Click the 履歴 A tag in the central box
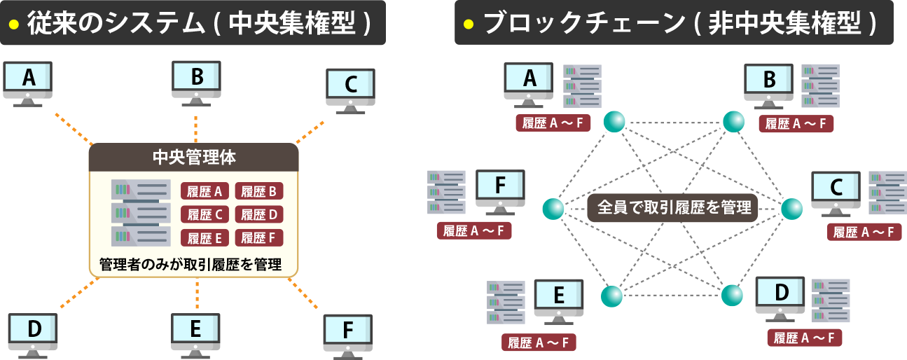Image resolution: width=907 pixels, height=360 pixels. point(205,191)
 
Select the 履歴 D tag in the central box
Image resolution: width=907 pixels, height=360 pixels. point(258,214)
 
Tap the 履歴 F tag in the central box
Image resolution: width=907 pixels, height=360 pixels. point(258,237)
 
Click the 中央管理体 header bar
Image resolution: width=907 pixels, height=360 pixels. point(193,157)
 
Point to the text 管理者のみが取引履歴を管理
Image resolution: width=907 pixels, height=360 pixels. point(191,265)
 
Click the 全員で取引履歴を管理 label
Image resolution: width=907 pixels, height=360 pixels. point(672,207)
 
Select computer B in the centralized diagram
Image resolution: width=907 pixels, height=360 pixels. point(197,81)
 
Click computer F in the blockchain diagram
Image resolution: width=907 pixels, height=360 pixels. point(500,189)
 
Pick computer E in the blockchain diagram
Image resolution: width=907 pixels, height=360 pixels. point(558,299)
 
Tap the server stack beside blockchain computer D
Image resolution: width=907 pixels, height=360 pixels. point(831,300)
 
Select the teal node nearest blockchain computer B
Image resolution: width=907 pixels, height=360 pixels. point(733,122)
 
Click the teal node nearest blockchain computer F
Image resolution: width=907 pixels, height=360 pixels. point(553,208)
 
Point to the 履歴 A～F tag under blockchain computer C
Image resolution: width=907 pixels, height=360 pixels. point(864,233)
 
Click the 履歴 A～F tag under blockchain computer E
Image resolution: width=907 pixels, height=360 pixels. point(539,342)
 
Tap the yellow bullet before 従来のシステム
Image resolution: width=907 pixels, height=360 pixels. point(13,24)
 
